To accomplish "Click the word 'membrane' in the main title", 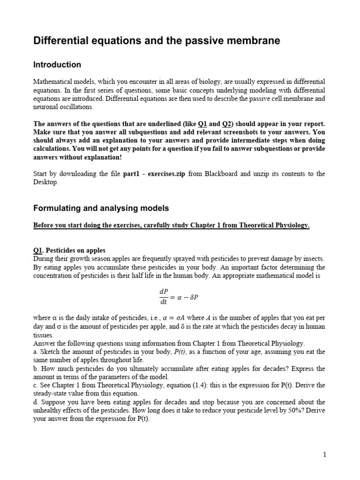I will (255, 41).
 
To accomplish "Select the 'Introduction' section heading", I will (57, 65).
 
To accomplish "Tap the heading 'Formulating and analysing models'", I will (101, 208).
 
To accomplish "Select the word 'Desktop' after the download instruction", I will (45, 182).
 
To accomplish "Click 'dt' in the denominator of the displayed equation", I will (165, 303).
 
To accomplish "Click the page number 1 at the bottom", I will (324, 454).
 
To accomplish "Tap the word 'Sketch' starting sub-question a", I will (49, 352).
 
